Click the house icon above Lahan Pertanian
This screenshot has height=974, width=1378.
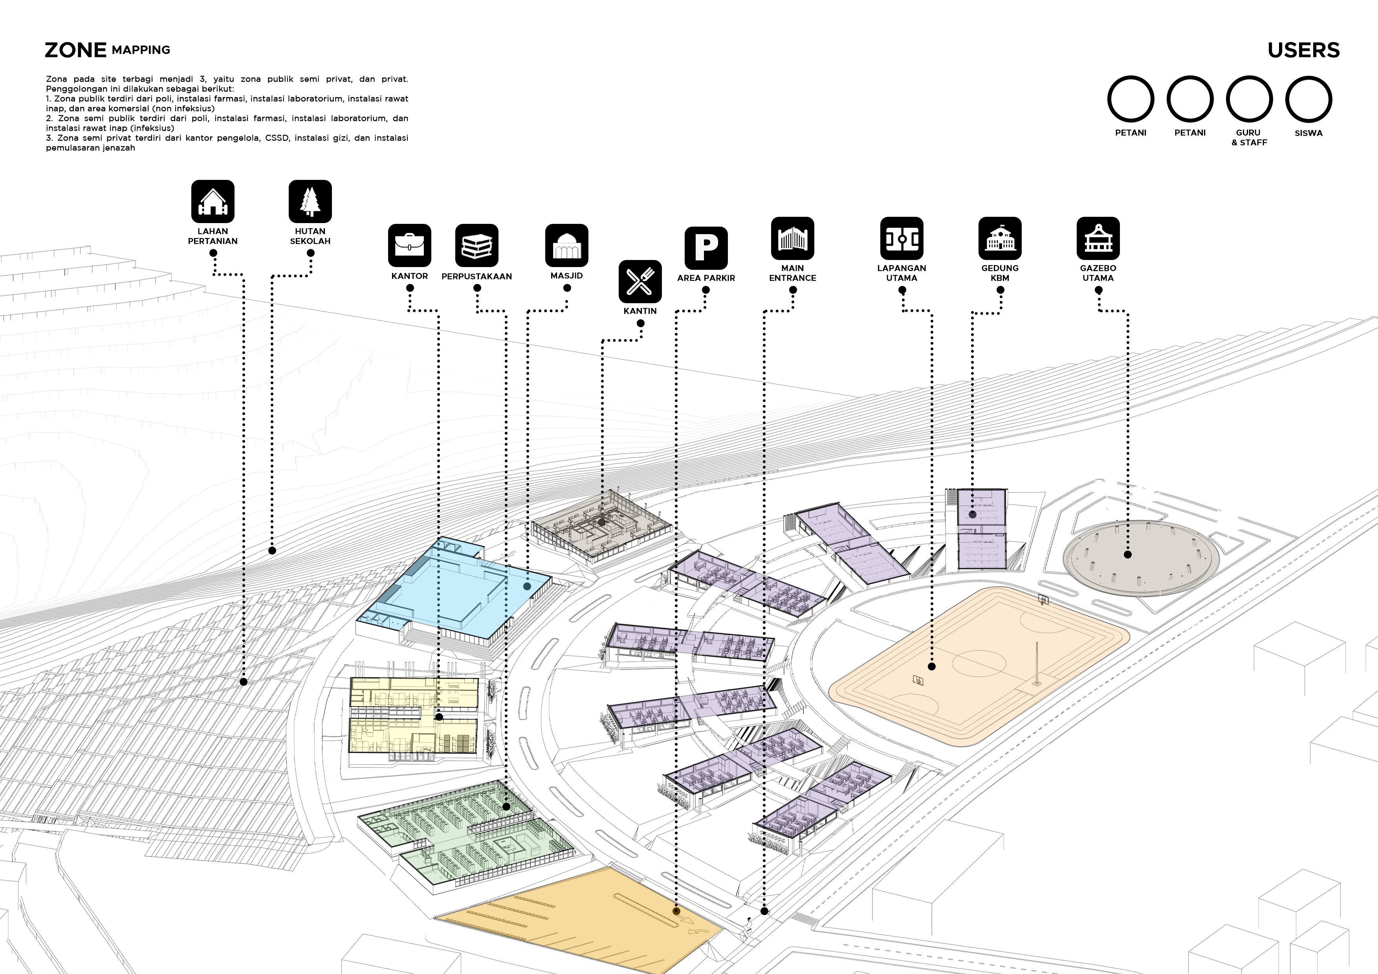(213, 201)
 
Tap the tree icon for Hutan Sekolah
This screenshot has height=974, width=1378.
(310, 201)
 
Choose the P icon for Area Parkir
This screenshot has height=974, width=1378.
(706, 248)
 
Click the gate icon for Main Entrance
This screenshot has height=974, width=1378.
(792, 238)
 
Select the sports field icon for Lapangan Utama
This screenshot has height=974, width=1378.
(902, 238)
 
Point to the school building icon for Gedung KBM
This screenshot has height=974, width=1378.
(1000, 238)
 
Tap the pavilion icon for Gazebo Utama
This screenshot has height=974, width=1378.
(1098, 238)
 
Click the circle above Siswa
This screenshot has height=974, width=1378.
(1308, 99)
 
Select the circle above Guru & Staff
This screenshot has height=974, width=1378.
(1249, 99)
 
